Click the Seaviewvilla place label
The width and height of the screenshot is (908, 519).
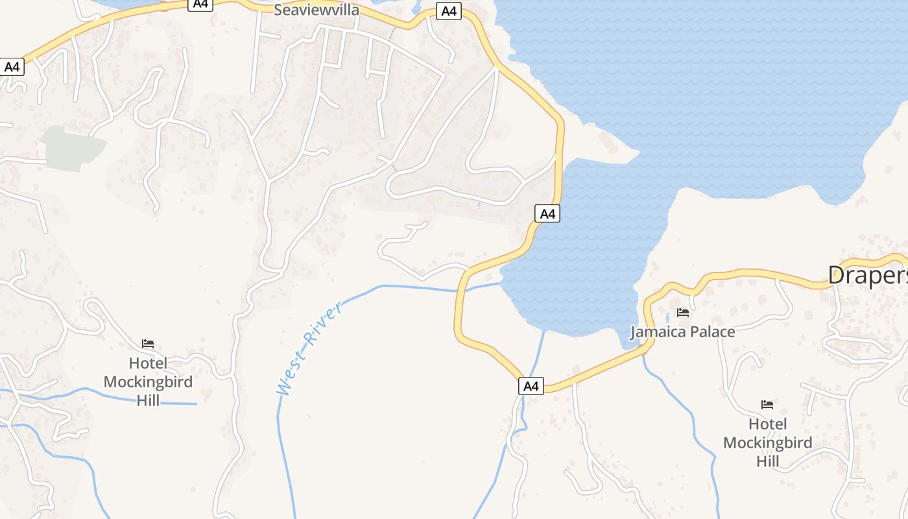[x=316, y=10]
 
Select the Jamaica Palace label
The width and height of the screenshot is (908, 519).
[x=682, y=332]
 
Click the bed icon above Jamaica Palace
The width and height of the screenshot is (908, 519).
[x=682, y=313]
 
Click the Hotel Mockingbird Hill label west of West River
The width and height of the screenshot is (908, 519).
[x=148, y=381]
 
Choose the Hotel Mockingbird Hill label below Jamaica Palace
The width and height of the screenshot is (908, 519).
[x=767, y=442]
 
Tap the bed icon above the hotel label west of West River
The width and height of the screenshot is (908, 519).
[x=148, y=344]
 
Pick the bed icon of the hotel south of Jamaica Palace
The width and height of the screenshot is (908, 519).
[x=767, y=405]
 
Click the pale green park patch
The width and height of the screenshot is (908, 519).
[x=72, y=149]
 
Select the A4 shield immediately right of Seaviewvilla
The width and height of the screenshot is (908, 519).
[x=448, y=11]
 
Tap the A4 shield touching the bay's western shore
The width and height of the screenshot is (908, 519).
[x=547, y=213]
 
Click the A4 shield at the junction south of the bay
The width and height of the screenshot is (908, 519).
[x=531, y=386]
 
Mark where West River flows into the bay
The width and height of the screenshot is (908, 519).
[x=501, y=283]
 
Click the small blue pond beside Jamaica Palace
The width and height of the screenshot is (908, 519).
[x=667, y=319]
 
